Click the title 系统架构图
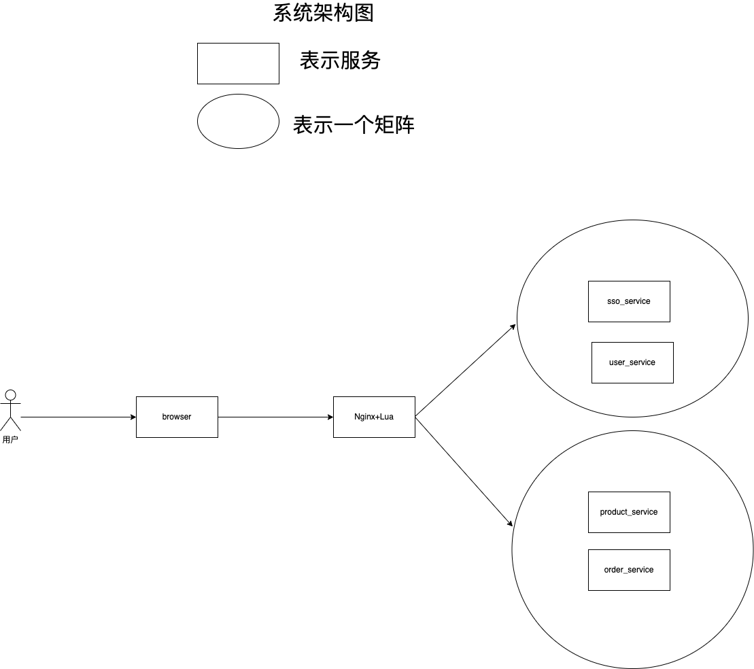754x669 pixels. click(x=323, y=13)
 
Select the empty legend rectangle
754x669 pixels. click(x=238, y=63)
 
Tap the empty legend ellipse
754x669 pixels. click(x=238, y=121)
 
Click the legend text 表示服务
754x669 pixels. click(x=340, y=61)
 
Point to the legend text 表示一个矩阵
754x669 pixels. click(x=354, y=125)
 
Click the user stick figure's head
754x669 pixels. click(x=10, y=394)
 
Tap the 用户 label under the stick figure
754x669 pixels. click(x=10, y=440)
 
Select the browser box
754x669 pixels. click(x=177, y=417)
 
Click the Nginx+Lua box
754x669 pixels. click(x=374, y=417)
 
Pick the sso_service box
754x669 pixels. click(x=629, y=301)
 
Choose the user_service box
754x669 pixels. click(x=632, y=362)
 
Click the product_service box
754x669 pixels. click(x=629, y=512)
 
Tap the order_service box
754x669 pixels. click(x=629, y=570)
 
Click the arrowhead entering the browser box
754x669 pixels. click(x=133, y=417)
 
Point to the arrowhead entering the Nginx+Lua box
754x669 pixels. click(x=330, y=417)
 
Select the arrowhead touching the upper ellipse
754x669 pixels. click(x=513, y=327)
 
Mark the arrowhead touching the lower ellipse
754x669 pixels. click(x=509, y=523)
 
